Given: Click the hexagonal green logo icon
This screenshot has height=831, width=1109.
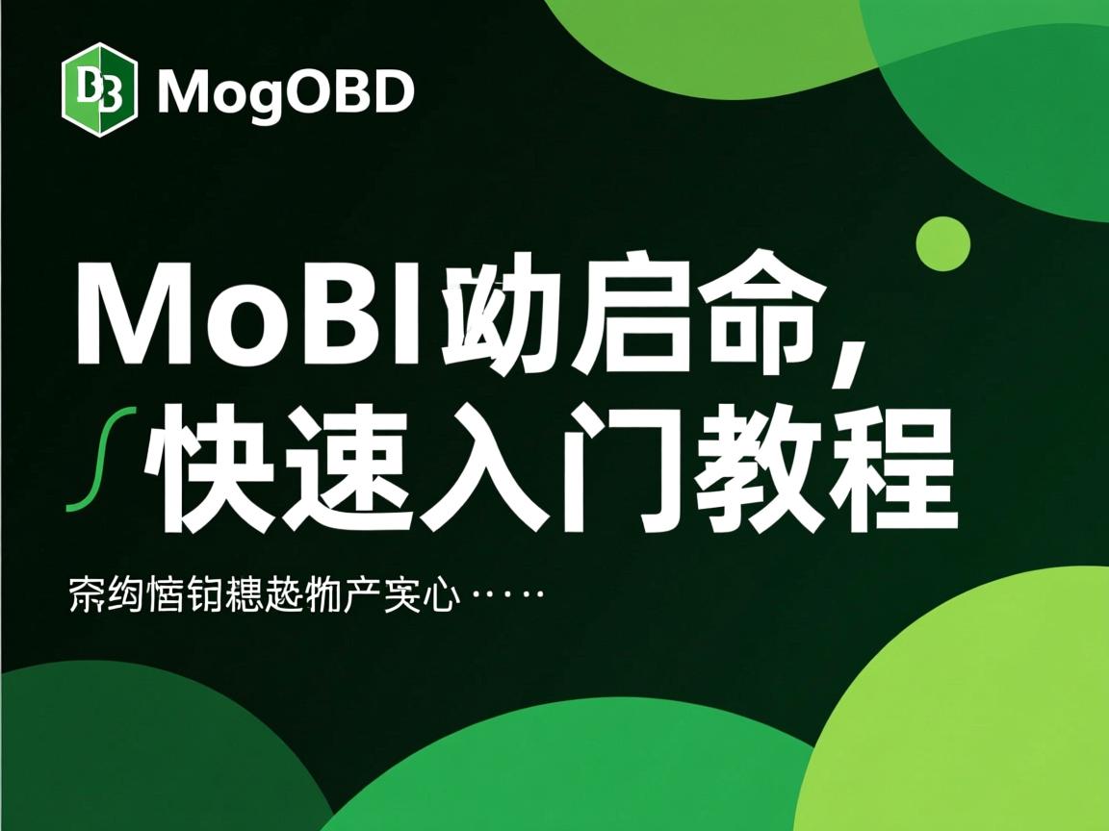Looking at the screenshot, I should coord(99,90).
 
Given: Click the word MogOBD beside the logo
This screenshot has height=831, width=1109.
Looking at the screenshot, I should coord(285,92).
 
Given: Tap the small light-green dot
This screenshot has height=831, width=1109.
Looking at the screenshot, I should coord(942,244).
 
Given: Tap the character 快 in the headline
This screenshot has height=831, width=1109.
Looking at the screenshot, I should coord(212,471).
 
